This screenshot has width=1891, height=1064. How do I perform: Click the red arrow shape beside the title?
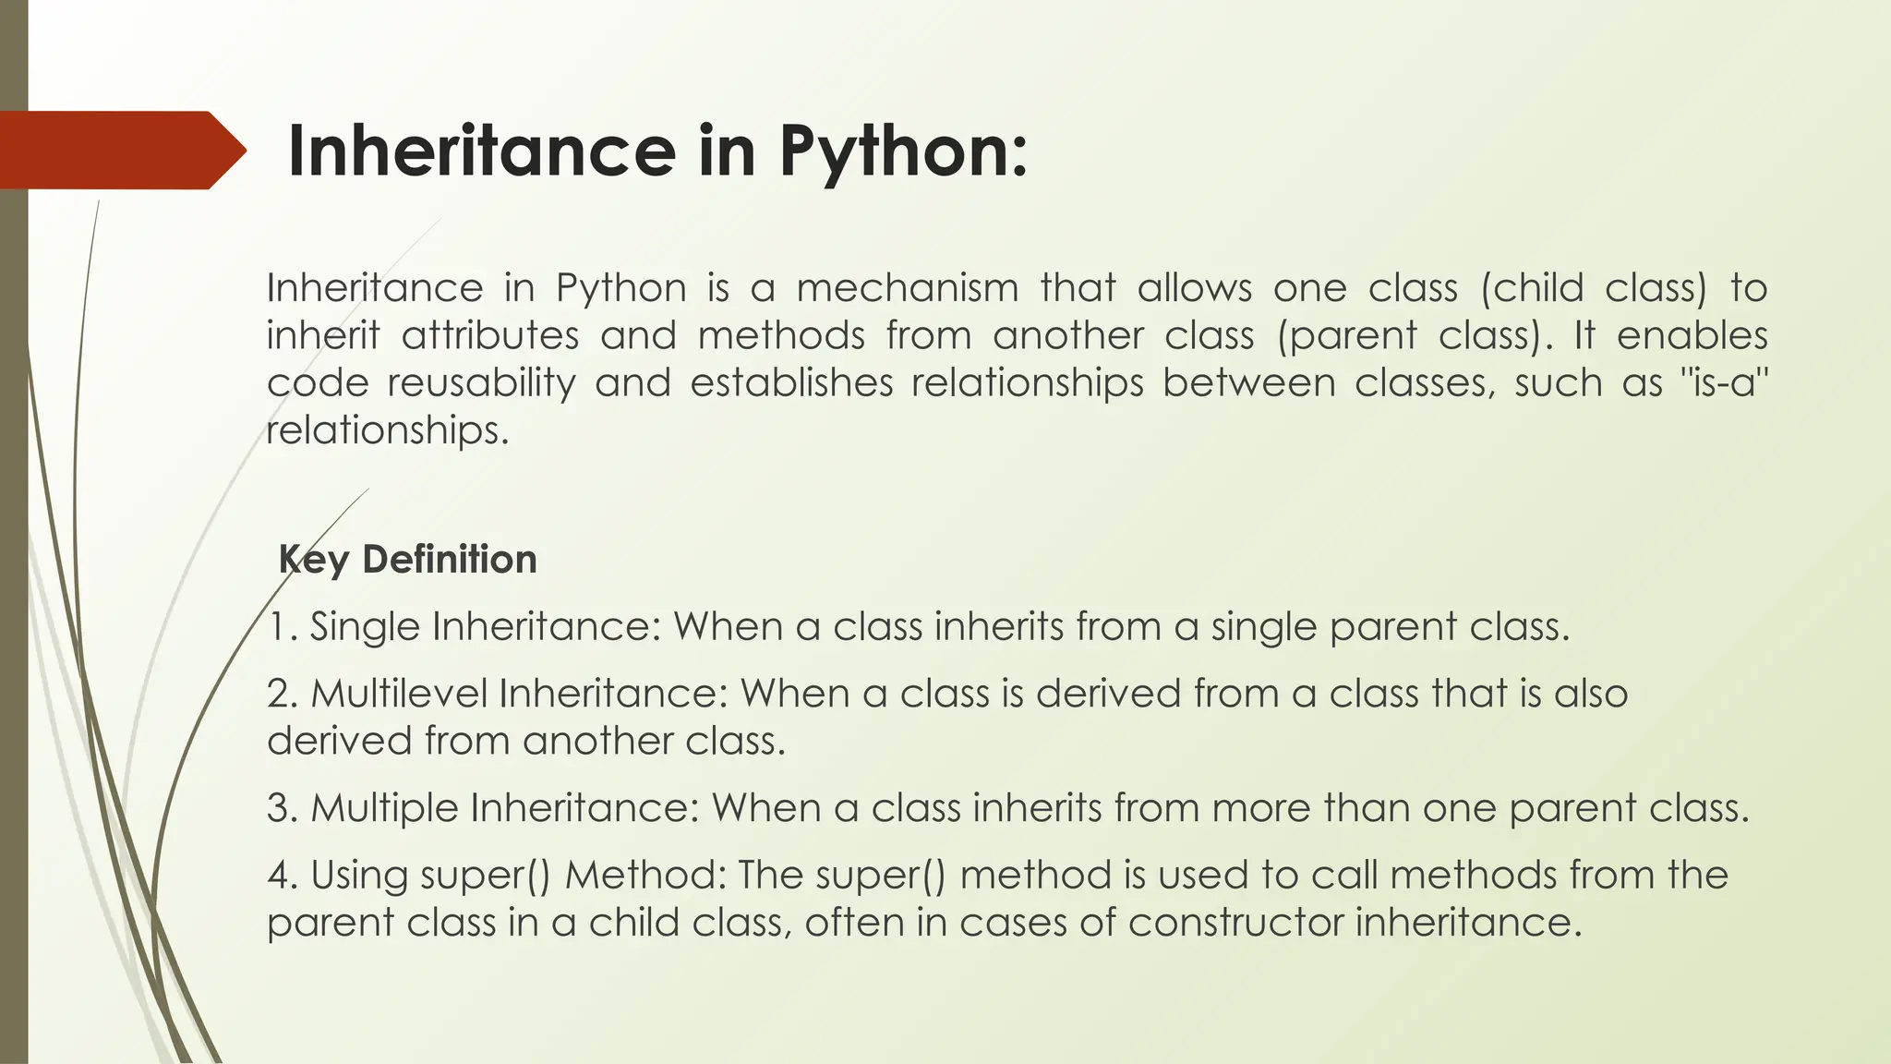[x=120, y=151]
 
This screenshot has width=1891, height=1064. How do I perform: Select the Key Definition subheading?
[x=407, y=560]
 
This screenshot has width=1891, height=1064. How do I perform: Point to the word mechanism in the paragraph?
[x=907, y=288]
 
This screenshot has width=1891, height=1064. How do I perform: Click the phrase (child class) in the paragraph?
[x=1594, y=288]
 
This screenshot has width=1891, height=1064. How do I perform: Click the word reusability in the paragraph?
[x=481, y=382]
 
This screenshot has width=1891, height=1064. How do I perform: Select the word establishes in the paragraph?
[x=791, y=382]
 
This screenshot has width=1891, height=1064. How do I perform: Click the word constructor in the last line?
[x=1235, y=923]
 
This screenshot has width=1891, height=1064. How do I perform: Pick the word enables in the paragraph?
[x=1692, y=335]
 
